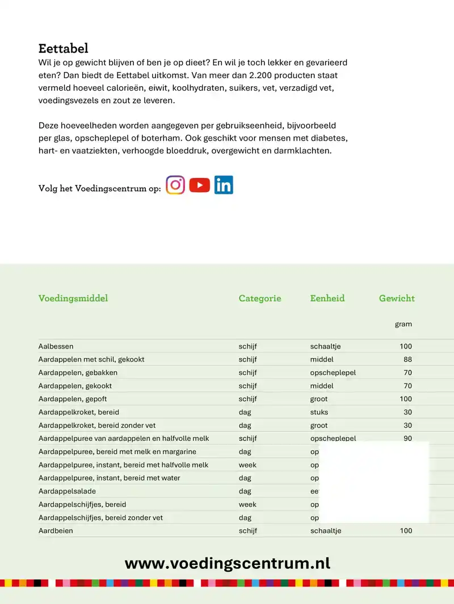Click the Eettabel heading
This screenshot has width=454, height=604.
coord(63,48)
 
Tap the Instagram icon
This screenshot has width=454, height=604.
coord(175,185)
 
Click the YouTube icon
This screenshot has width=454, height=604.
coord(200,185)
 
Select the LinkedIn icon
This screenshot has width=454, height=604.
coord(224,185)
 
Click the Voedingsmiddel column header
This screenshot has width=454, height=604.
coord(73,299)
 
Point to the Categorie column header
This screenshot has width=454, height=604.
coord(259,299)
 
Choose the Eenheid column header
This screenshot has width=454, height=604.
coord(327,299)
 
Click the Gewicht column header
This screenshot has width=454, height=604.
coord(397,299)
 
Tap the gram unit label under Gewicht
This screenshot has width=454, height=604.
coord(403,325)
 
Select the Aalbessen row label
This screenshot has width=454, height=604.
coord(56,346)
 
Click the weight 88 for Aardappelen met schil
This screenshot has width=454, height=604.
coord(407,359)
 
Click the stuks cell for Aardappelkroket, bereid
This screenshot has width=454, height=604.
coord(319,412)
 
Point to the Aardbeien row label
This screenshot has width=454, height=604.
coord(56,531)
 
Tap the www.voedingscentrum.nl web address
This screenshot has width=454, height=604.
coord(227,563)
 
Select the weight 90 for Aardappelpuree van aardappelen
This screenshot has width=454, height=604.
coord(407,439)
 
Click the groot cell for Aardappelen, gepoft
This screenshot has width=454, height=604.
coord(319,399)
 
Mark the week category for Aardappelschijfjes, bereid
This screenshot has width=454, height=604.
coord(247,504)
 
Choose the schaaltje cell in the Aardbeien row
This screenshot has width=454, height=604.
coord(325,531)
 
